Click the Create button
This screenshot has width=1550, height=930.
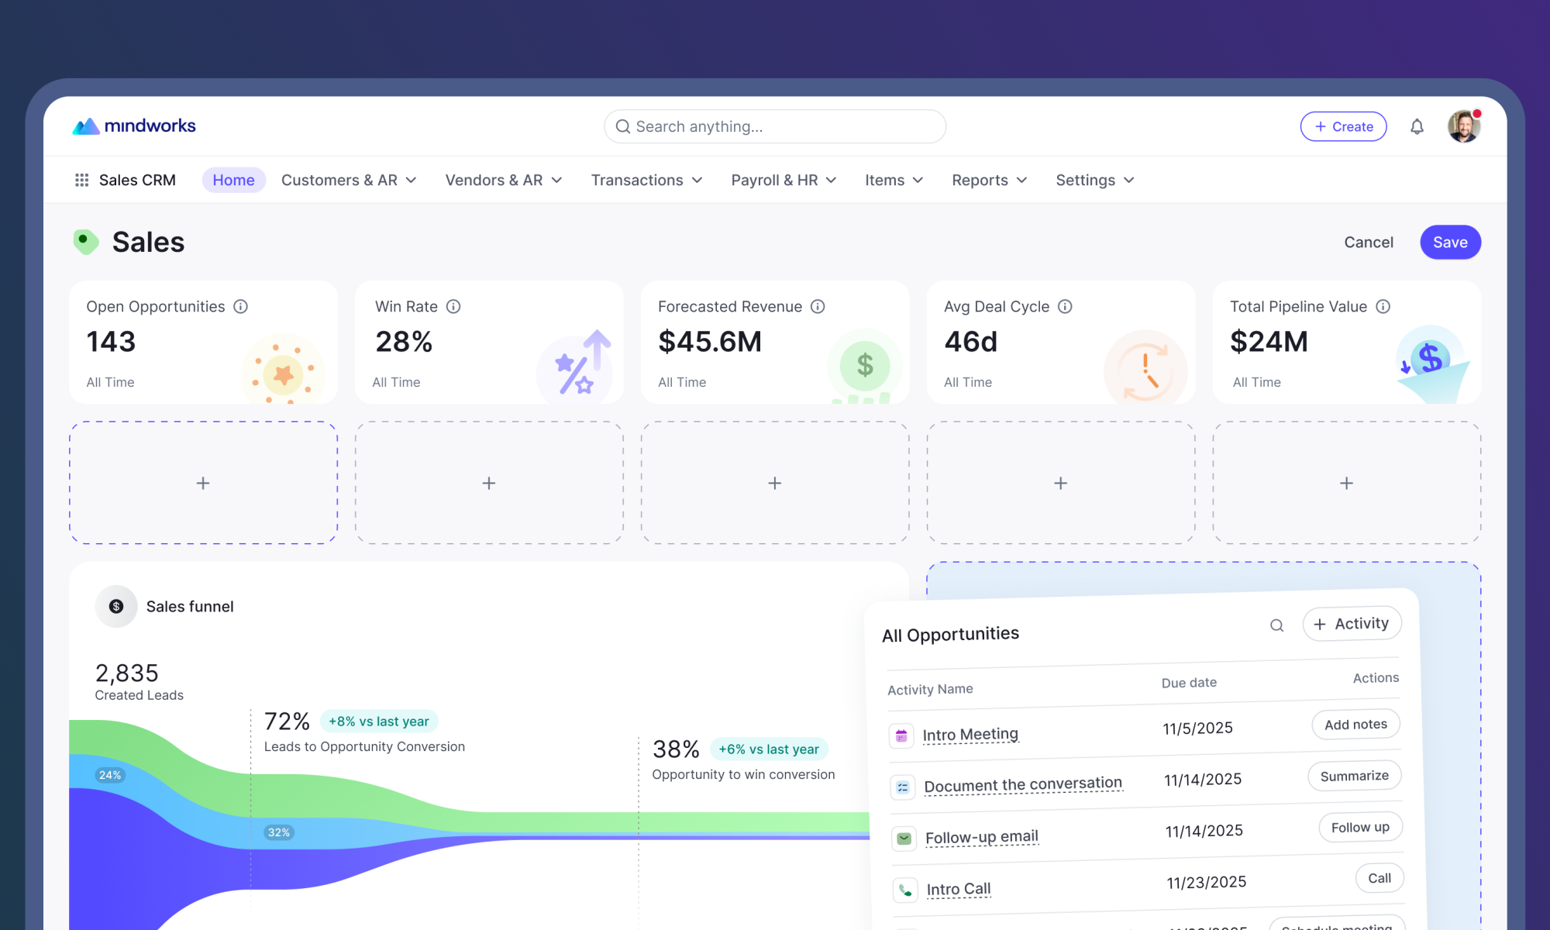click(1343, 126)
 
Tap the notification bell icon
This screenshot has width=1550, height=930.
click(1417, 126)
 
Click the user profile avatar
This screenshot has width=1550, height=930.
click(1464, 126)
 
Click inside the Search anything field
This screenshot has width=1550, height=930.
click(775, 126)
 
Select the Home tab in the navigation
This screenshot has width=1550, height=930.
click(233, 180)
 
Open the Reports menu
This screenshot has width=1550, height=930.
click(989, 180)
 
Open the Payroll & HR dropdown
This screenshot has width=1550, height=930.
click(784, 180)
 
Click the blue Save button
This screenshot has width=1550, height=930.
click(1450, 243)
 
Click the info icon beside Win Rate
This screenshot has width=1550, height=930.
click(453, 307)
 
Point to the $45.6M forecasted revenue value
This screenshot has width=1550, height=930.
click(710, 342)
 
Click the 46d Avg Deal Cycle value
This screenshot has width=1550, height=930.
click(970, 342)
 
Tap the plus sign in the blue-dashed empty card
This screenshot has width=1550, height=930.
click(203, 483)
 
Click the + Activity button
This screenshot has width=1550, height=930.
click(1352, 624)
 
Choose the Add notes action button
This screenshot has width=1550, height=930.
click(1355, 725)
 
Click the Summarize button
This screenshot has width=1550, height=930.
click(1354, 776)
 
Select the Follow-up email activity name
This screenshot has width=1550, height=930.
click(982, 837)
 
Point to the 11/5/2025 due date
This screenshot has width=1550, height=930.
click(1197, 728)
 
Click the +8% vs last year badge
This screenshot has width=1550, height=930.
click(379, 722)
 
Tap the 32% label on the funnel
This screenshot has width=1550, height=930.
click(279, 832)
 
